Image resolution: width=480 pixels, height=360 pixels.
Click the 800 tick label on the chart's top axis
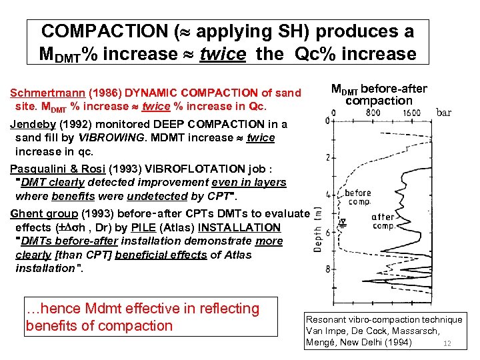373,113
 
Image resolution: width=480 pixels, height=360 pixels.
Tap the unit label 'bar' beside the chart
444,113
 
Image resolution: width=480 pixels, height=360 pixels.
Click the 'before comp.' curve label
358,198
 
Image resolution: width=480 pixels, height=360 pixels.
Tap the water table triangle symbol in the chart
344,222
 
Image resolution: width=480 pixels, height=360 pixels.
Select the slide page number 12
448,344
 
